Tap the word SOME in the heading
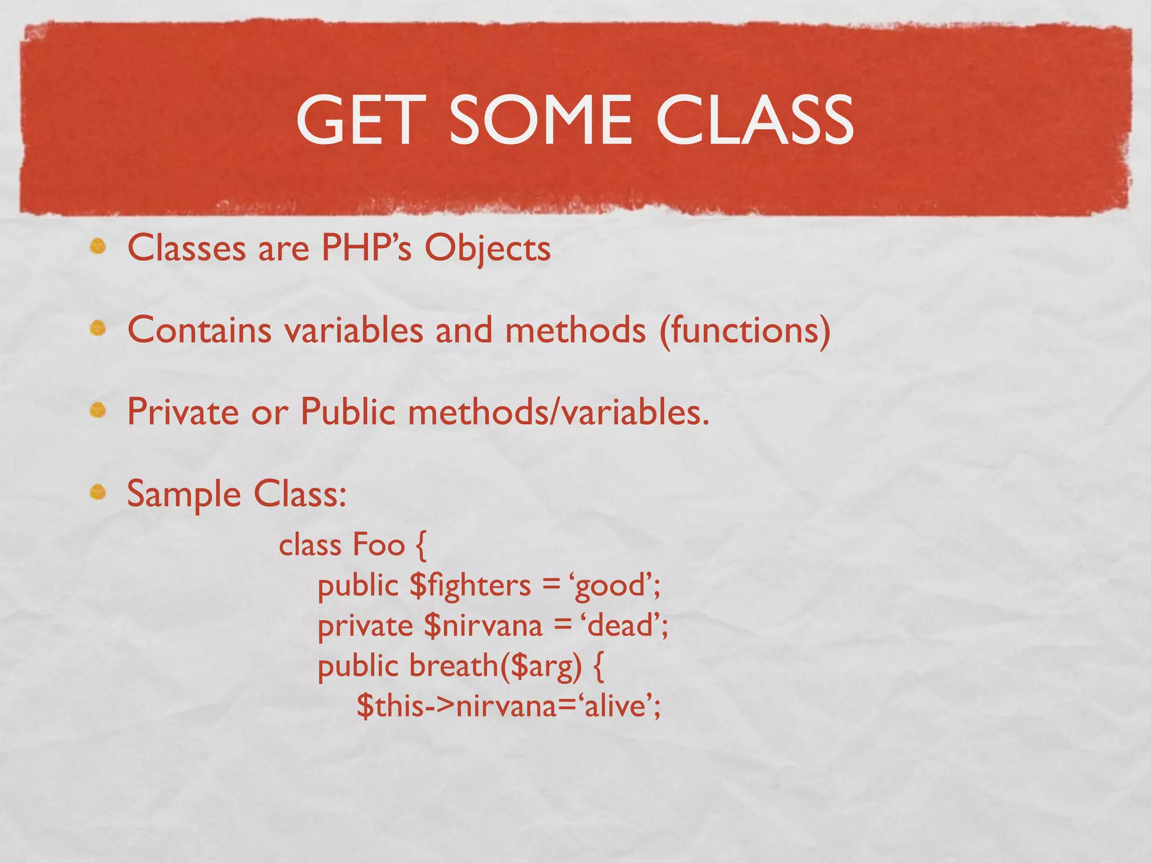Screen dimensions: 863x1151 [x=540, y=120]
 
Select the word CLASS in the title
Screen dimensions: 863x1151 [x=755, y=120]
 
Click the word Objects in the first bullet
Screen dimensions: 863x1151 [x=487, y=248]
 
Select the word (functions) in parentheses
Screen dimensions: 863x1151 [x=744, y=330]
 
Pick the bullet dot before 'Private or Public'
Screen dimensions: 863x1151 [x=98, y=410]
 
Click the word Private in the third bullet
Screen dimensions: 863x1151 [x=183, y=411]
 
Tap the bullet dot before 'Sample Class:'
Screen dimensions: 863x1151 [x=98, y=492]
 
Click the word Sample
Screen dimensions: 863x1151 [x=184, y=494]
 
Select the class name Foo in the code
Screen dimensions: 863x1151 [x=378, y=544]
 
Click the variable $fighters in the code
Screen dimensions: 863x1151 [x=470, y=585]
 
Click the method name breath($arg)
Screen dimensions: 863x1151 [x=495, y=666]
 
